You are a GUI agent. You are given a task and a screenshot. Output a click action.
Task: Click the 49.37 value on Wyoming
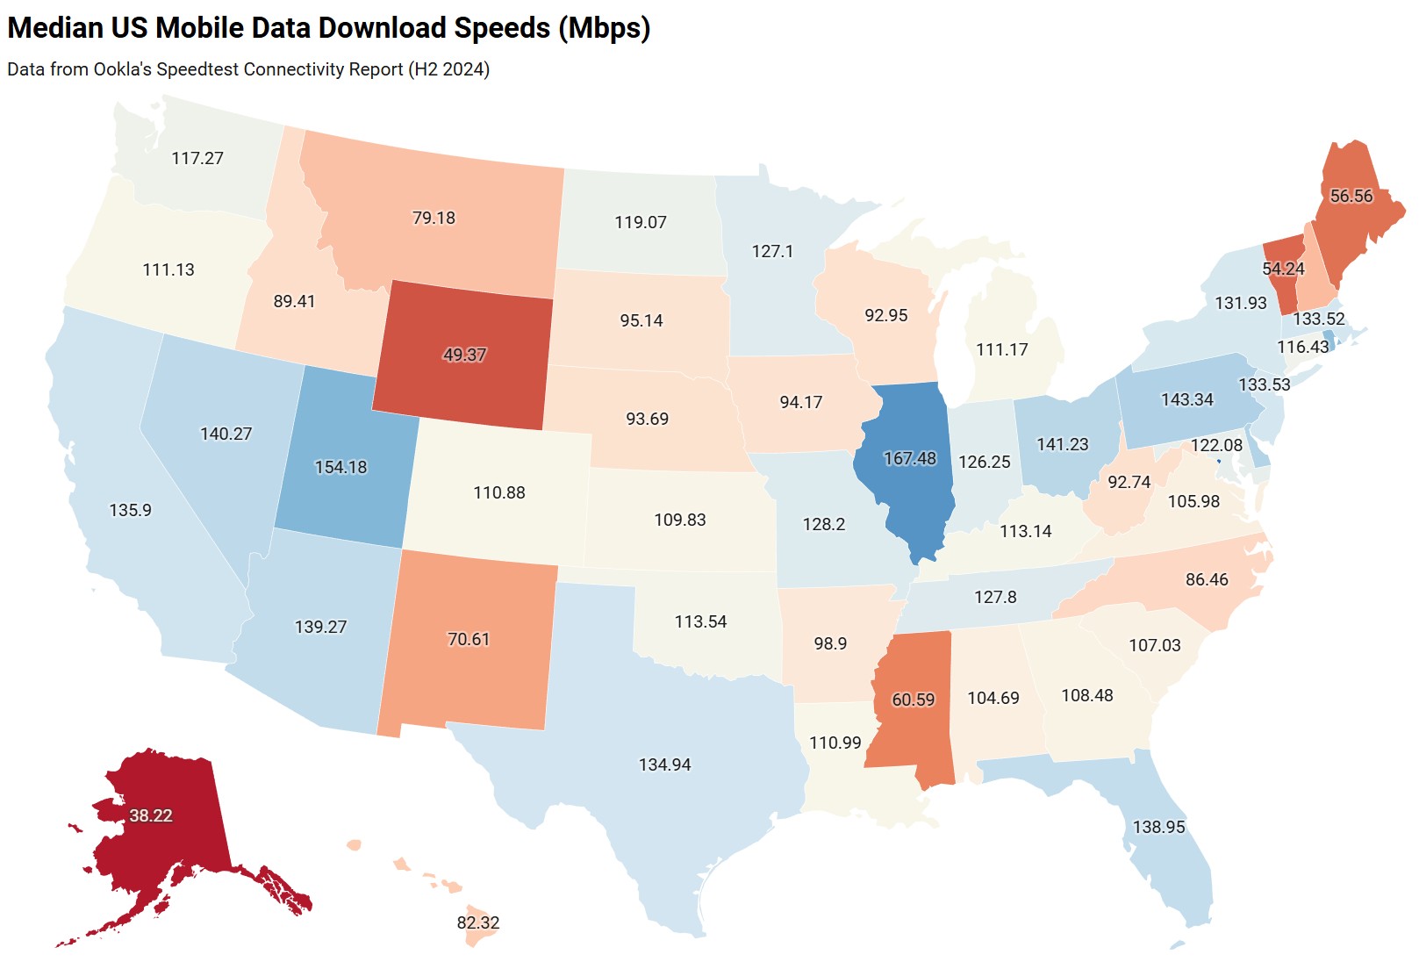464,355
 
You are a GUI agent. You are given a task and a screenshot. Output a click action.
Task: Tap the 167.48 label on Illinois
909,458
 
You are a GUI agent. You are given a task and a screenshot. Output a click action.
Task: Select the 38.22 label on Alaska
151,815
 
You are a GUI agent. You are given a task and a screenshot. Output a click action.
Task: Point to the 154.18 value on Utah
340,467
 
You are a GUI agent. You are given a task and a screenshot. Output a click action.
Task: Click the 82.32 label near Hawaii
477,922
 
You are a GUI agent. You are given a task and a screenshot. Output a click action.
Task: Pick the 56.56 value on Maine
1351,196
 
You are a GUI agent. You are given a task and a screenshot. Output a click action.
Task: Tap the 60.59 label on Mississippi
913,700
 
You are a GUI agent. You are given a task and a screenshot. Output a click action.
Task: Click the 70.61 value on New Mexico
468,639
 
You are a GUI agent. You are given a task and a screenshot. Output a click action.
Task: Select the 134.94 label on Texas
664,764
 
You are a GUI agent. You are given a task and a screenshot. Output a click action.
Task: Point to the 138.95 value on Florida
1158,827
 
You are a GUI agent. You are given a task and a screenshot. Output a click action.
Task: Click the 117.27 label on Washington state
197,158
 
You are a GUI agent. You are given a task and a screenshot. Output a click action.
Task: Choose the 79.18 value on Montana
434,218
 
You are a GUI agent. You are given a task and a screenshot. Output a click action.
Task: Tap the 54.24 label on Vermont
1282,269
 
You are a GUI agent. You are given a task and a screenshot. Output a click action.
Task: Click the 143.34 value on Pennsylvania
1186,399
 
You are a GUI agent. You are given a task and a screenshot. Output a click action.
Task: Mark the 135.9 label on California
130,510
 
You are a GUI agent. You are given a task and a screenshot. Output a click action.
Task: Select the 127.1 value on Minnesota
772,251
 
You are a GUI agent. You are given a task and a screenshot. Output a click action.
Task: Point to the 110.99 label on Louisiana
835,743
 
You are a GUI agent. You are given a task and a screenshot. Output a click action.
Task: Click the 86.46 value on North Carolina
1207,579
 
